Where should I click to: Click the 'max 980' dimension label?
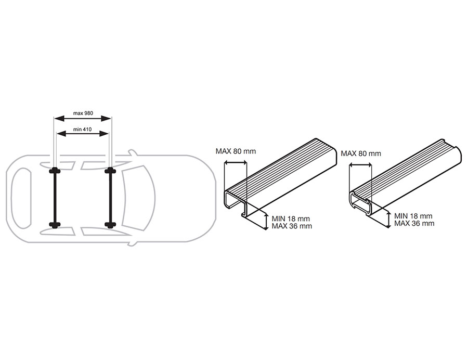coord(83,113)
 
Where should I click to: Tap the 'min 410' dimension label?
coord(82,130)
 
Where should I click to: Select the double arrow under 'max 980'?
coord(82,119)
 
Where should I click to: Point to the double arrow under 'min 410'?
coord(82,134)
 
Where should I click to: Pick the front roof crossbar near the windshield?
coord(110,198)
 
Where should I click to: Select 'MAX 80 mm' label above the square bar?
coord(236,151)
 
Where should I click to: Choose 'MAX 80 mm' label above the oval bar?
coord(361,154)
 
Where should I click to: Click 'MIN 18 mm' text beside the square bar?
coord(291,219)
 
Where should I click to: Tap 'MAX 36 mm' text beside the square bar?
coord(292,226)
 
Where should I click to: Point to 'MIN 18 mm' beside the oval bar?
coord(413,216)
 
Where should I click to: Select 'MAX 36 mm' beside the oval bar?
coord(414,223)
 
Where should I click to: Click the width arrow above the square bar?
coord(236,163)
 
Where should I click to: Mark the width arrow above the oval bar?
coord(360,165)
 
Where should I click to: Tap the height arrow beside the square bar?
coord(266,221)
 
